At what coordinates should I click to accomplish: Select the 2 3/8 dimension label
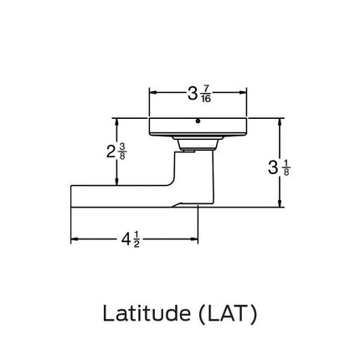click(116, 152)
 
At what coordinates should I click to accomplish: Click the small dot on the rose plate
click(198, 121)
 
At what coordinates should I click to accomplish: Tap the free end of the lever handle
click(74, 195)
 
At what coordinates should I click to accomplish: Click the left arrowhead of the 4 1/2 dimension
click(74, 240)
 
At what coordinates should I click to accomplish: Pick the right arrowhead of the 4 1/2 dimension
click(194, 240)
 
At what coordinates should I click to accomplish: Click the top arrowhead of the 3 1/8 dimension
click(279, 121)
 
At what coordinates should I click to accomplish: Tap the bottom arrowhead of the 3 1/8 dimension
click(279, 203)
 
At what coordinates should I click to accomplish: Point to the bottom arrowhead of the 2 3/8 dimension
click(116, 183)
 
